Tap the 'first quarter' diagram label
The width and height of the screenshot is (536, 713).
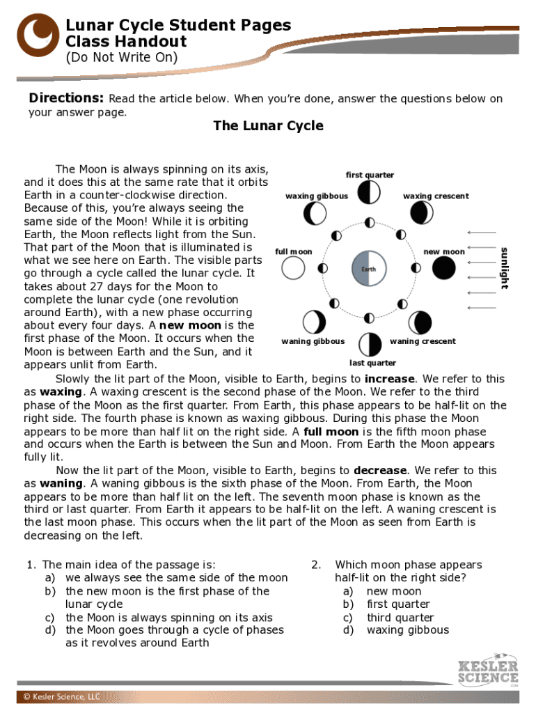tap(370, 175)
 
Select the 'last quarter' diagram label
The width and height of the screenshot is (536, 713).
tap(372, 363)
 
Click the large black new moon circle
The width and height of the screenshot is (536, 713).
tap(443, 268)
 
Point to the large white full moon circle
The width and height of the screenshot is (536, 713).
tap(294, 268)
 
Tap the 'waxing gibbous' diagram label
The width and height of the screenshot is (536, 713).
tap(317, 196)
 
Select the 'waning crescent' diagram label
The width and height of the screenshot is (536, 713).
tap(423, 341)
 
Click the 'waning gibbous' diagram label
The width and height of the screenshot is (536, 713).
tap(313, 341)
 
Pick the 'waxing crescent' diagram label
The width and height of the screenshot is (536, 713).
tap(436, 196)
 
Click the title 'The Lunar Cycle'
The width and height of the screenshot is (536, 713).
tap(268, 126)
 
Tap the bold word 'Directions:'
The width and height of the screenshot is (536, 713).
tap(66, 98)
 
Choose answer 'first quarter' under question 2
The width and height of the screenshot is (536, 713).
tap(398, 604)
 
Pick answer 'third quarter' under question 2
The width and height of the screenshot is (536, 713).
tap(400, 618)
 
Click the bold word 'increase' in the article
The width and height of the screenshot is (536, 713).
tap(390, 379)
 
